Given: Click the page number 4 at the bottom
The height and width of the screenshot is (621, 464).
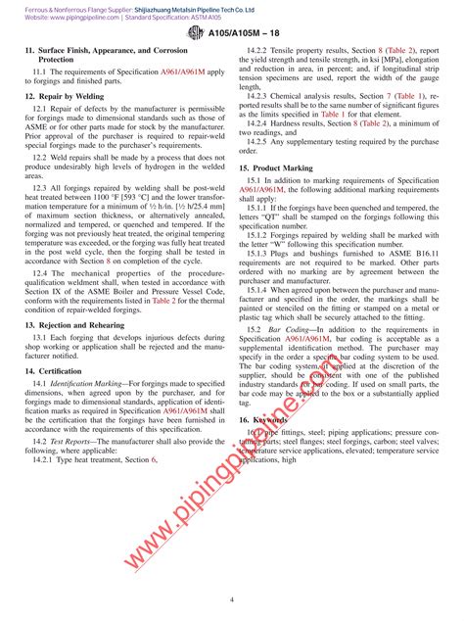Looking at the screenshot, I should pos(232,598).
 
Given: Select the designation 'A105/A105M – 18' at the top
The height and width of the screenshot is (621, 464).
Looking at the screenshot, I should pos(246,32).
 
